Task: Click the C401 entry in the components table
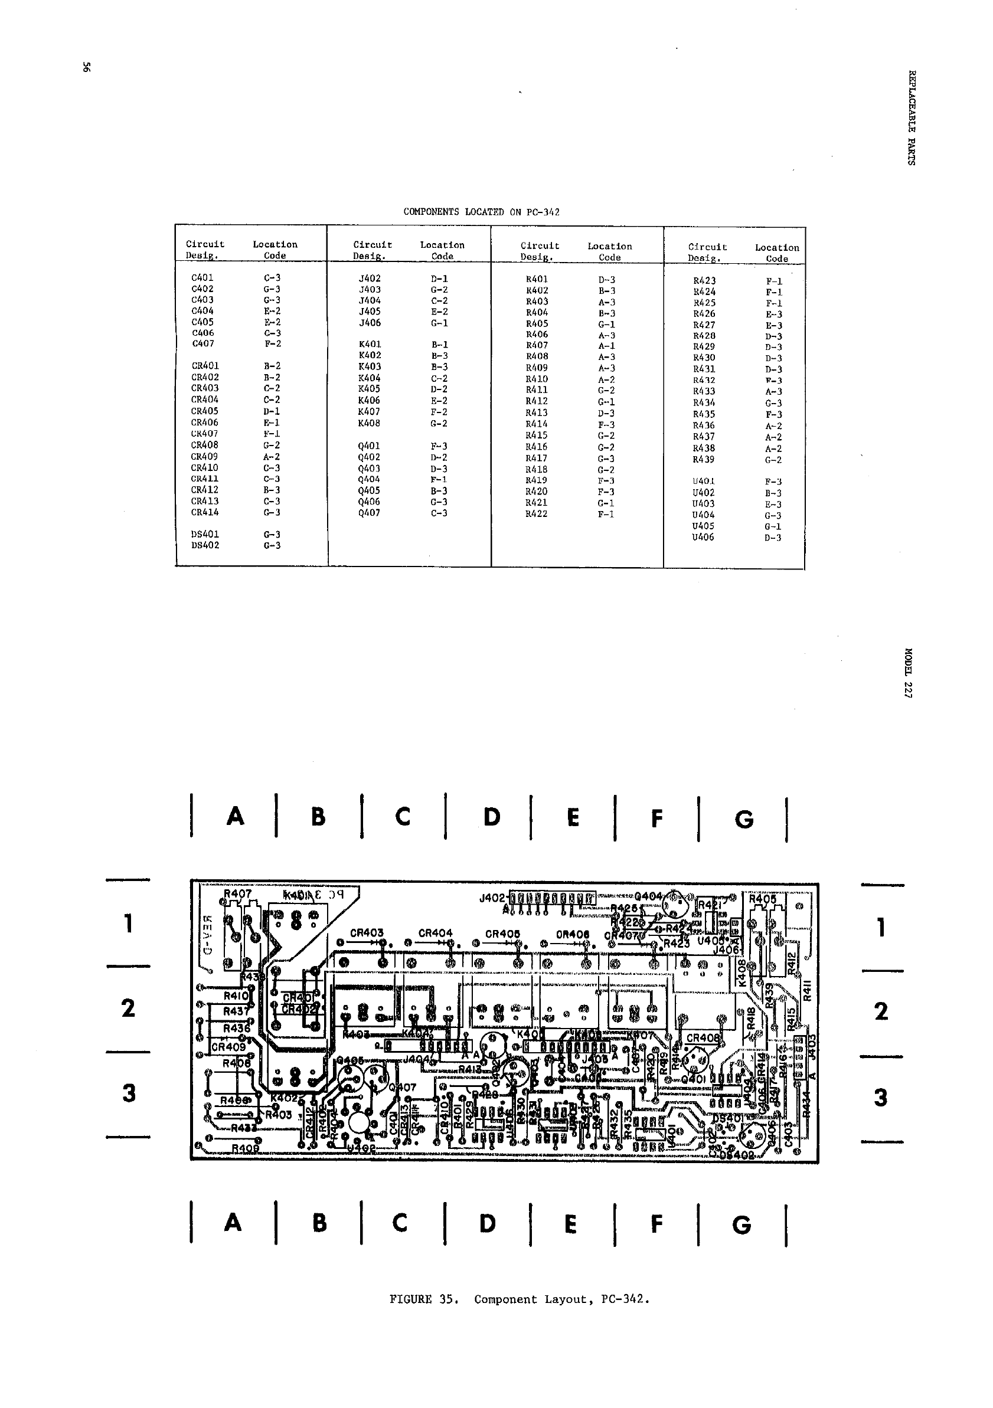(x=202, y=278)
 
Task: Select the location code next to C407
(x=272, y=344)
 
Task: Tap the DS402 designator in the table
(x=205, y=545)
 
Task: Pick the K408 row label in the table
(x=369, y=423)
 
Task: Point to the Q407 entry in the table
(x=369, y=513)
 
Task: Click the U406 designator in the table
(x=703, y=537)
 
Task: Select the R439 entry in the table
(x=704, y=459)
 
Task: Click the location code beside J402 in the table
(x=439, y=279)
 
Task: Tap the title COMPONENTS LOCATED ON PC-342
(x=482, y=212)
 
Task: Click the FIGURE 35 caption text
(x=519, y=1299)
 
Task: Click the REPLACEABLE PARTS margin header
(x=912, y=118)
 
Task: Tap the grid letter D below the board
(x=487, y=1224)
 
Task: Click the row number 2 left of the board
(x=128, y=1008)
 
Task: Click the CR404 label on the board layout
(x=435, y=933)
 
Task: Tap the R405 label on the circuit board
(x=762, y=899)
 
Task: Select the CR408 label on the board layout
(x=703, y=1038)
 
